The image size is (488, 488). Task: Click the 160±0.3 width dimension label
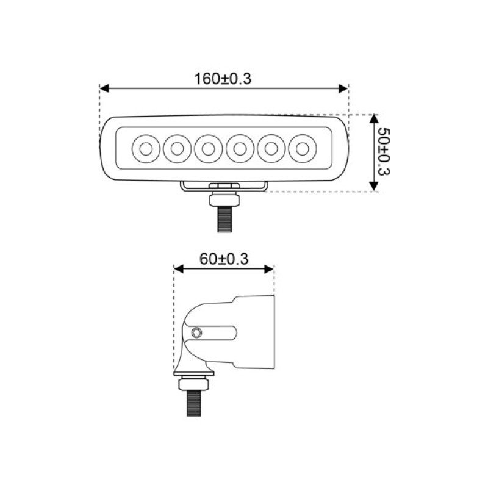pyautogui.click(x=223, y=79)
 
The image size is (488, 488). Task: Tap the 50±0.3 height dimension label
pyautogui.click(x=384, y=152)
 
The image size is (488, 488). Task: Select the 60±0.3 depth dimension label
pyautogui.click(x=224, y=259)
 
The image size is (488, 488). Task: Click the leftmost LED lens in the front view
pyautogui.click(x=146, y=149)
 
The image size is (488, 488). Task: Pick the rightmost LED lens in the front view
pyautogui.click(x=303, y=149)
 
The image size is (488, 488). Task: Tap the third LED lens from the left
pyautogui.click(x=209, y=149)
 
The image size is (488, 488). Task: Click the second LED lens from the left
pyautogui.click(x=177, y=149)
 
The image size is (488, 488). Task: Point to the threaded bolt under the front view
pyautogui.click(x=224, y=220)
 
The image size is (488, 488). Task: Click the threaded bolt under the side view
pyautogui.click(x=193, y=403)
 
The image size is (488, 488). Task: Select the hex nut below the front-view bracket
pyautogui.click(x=224, y=199)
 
